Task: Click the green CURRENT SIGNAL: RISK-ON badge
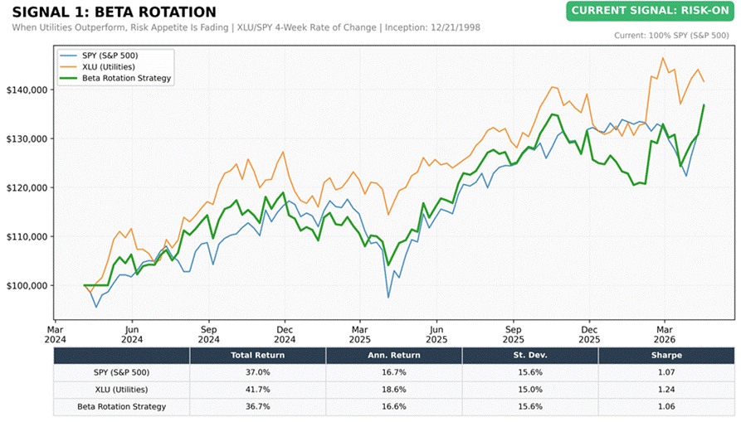(x=651, y=11)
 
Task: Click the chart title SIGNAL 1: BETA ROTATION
(x=114, y=12)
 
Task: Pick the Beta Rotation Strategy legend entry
(x=115, y=79)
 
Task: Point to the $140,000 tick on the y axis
(x=27, y=90)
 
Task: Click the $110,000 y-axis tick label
(x=27, y=236)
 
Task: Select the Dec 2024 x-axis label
(x=285, y=334)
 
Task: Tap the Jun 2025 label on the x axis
(x=436, y=334)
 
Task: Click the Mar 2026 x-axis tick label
(x=665, y=334)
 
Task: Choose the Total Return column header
(x=257, y=356)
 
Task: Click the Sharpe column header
(x=666, y=356)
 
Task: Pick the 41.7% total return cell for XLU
(x=257, y=390)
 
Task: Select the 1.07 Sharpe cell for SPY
(x=666, y=372)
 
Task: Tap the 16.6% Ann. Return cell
(x=393, y=406)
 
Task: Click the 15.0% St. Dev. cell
(x=529, y=390)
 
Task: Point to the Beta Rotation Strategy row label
(x=121, y=406)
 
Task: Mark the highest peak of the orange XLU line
(x=662, y=58)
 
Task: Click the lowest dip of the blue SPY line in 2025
(x=388, y=298)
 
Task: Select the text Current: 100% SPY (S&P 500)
(x=671, y=36)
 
